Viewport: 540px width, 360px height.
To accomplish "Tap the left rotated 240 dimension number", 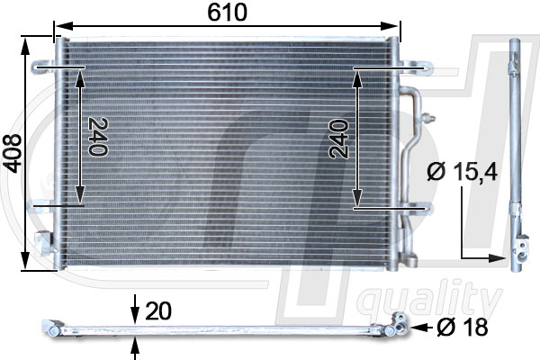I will (x=97, y=137).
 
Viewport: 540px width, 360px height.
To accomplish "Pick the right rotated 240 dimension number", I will (x=338, y=138).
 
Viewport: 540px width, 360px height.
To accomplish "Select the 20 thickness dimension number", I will (x=157, y=311).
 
